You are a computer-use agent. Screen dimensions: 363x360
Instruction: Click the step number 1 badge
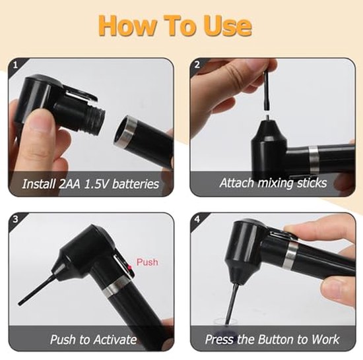(15, 65)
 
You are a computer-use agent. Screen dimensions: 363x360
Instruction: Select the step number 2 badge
(197, 65)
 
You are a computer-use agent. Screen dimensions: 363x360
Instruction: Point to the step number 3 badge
(15, 219)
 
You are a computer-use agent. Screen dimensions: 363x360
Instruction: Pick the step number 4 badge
(197, 219)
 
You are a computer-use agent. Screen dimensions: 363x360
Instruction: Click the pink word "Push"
(147, 262)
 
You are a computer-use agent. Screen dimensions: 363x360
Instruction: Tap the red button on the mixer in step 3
(129, 268)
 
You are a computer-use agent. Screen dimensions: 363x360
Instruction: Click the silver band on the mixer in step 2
(313, 160)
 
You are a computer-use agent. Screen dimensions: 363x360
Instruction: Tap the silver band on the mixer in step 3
(115, 286)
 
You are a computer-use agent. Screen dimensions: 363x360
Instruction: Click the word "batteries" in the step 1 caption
(135, 184)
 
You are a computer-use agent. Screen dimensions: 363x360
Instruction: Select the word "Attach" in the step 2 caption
(237, 183)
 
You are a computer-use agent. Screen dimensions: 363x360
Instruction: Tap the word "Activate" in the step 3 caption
(115, 340)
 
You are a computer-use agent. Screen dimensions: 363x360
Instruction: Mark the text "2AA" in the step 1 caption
(69, 184)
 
